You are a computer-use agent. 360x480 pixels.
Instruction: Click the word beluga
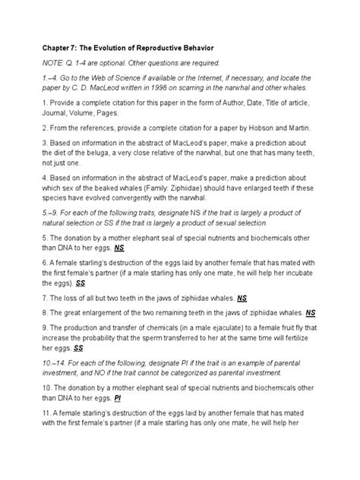[x=118, y=153]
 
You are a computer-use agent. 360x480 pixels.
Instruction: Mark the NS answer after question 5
[x=120, y=248]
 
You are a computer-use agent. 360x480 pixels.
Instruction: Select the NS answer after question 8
[x=311, y=312]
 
